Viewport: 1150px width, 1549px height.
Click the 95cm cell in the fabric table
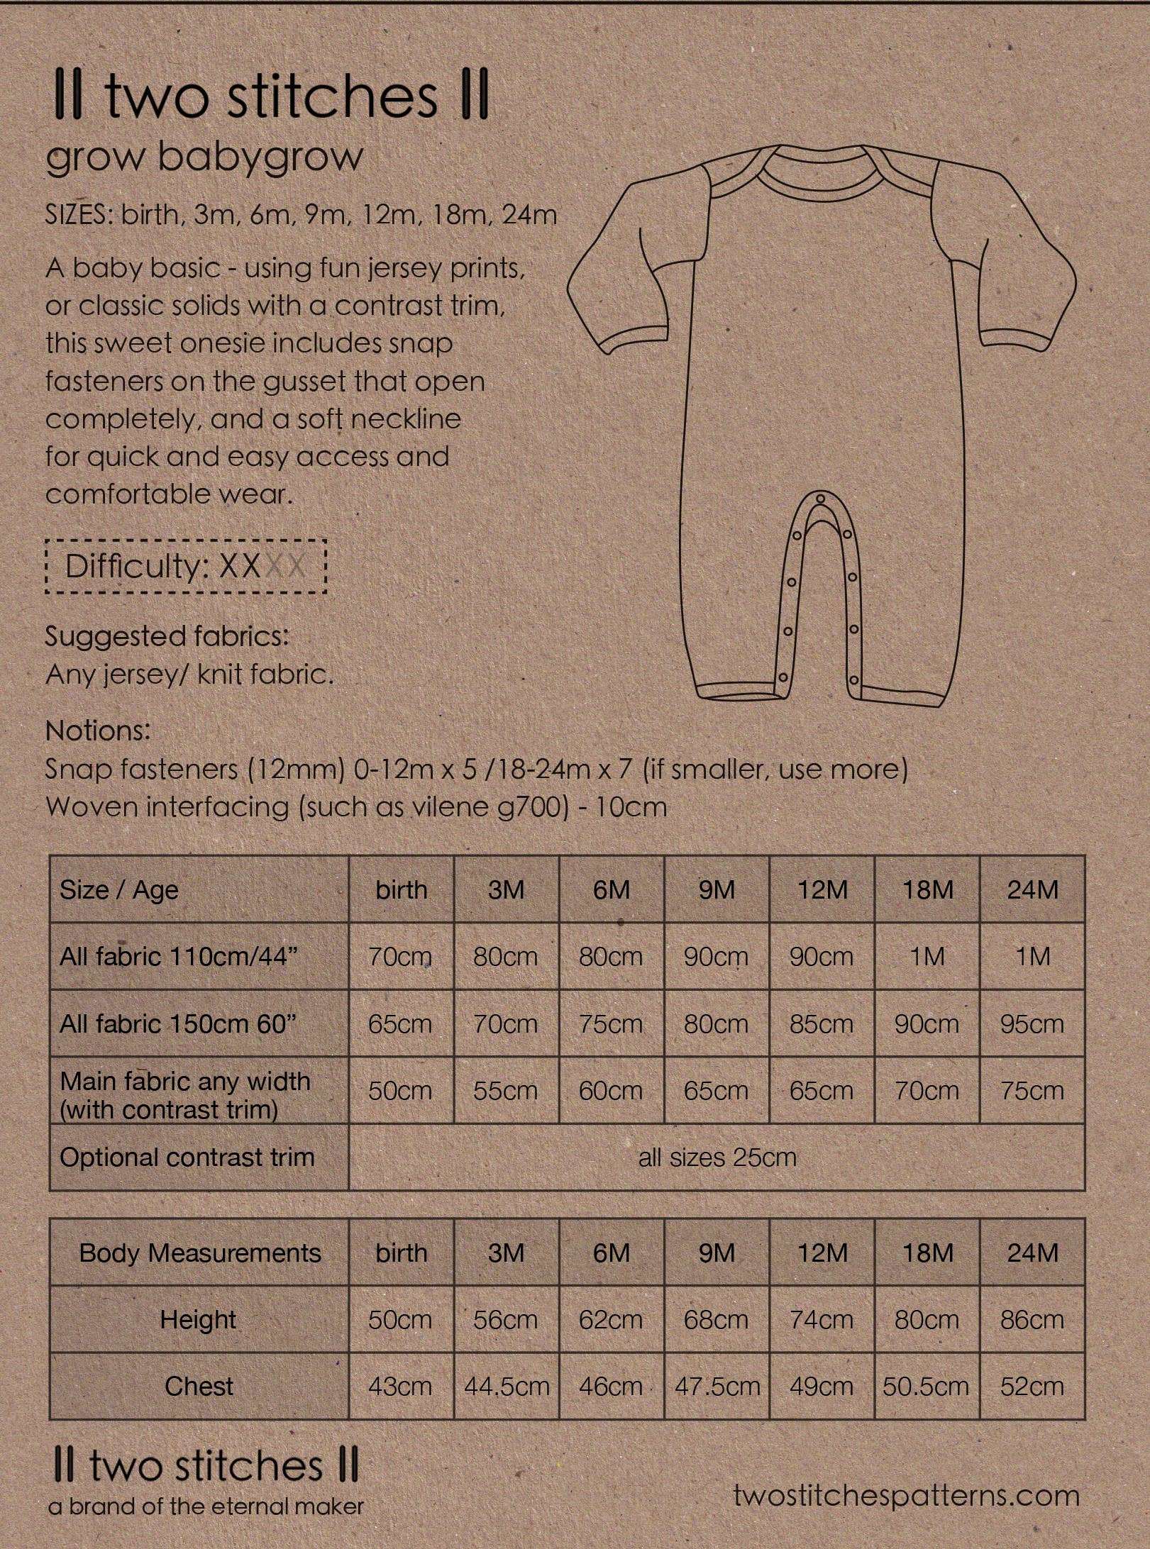(x=1032, y=1023)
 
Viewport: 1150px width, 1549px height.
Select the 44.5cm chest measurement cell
(x=507, y=1387)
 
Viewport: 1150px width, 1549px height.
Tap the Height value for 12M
(x=822, y=1320)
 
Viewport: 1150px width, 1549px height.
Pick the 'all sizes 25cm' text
(x=717, y=1157)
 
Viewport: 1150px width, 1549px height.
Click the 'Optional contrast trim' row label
(x=187, y=1157)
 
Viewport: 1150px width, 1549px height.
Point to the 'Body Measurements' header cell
(x=199, y=1253)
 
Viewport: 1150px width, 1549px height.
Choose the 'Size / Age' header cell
(x=119, y=890)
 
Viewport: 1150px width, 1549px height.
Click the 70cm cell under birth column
(x=400, y=957)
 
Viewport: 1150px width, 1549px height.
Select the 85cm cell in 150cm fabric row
(x=822, y=1023)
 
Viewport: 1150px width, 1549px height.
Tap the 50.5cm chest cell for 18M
(x=926, y=1387)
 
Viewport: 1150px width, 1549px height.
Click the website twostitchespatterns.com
(x=906, y=1496)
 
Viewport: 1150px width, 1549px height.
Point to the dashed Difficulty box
(x=186, y=566)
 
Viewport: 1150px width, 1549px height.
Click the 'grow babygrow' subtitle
(x=204, y=157)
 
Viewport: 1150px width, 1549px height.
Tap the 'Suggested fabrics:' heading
(x=167, y=636)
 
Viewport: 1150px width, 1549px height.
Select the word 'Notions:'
(x=98, y=731)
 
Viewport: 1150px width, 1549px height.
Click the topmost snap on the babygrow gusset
(x=822, y=500)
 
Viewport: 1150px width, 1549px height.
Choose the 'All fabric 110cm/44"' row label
(x=179, y=957)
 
